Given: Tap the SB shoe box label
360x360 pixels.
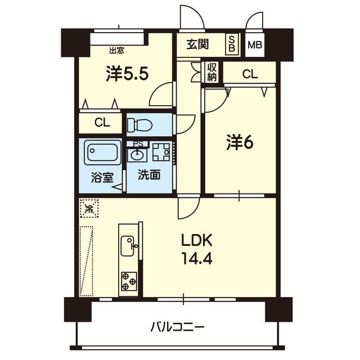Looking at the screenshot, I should point(231,44).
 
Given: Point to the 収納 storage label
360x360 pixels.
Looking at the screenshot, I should point(212,72).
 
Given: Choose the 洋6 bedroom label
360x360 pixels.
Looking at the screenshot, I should point(239,143).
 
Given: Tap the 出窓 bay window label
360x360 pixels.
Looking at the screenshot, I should point(116,50).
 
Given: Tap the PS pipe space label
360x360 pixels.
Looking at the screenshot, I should point(137,142).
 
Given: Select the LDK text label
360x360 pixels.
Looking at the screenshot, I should point(196,241).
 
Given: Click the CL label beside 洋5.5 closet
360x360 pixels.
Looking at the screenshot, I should point(102,123).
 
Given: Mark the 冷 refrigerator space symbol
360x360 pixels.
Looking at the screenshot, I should point(89,209).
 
